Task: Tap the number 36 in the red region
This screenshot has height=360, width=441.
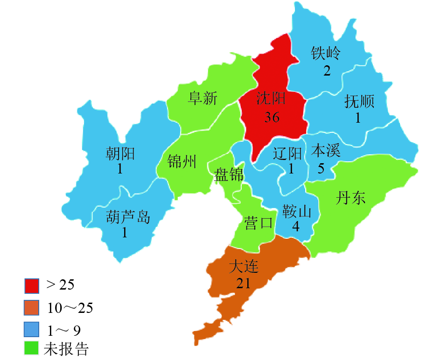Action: pyautogui.click(x=272, y=117)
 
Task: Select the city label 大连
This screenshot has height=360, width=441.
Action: pyautogui.click(x=244, y=267)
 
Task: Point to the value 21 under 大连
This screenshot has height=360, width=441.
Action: pyautogui.click(x=244, y=283)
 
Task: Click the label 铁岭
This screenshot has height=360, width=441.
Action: pyautogui.click(x=326, y=54)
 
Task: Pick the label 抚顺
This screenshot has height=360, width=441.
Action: pyautogui.click(x=359, y=101)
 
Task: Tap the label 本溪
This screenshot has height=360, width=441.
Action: pyautogui.click(x=326, y=151)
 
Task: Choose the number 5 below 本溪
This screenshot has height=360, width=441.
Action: pyautogui.click(x=321, y=168)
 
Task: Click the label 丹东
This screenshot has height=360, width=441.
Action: pyautogui.click(x=350, y=198)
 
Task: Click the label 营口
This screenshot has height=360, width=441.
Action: pyautogui.click(x=258, y=223)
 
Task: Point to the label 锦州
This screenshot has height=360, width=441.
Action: pyautogui.click(x=182, y=161)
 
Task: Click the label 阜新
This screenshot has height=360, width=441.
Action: pyautogui.click(x=203, y=98)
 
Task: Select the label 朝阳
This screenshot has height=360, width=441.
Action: pyautogui.click(x=120, y=153)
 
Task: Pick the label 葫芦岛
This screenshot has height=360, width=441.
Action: pyautogui.click(x=128, y=217)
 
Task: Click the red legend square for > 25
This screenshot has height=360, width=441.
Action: pyautogui.click(x=32, y=285)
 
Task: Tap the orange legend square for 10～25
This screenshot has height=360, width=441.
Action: pyautogui.click(x=32, y=308)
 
